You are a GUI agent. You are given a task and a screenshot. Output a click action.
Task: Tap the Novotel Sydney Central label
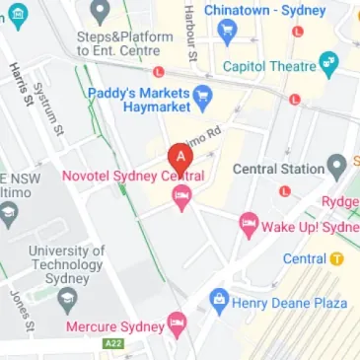click(132, 176)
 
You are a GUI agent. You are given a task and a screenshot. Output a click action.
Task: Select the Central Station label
click(277, 169)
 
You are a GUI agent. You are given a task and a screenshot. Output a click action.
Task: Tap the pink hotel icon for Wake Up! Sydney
click(248, 227)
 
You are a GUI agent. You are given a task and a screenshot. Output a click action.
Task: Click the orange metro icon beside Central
click(337, 258)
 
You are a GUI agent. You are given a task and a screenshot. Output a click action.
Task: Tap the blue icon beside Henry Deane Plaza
click(218, 301)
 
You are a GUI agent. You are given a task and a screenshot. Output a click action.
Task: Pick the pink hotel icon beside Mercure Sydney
click(177, 322)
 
